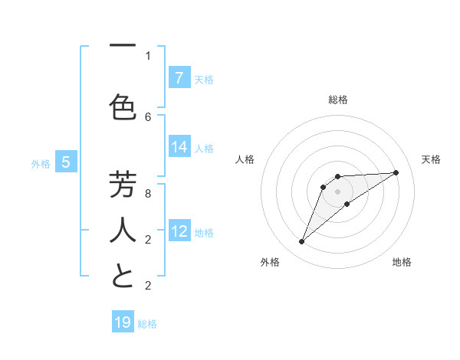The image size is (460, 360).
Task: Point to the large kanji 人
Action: coord(123,231)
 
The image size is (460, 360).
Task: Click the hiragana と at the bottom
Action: coord(123,277)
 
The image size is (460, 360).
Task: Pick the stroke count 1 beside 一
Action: coord(148,55)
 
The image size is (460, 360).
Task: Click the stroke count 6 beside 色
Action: coord(148,116)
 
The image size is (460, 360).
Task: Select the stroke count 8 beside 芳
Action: coord(148,193)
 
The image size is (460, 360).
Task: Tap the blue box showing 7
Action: coord(179,77)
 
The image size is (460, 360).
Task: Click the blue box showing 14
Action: coord(179,148)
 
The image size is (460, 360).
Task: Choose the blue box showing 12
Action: coord(179,231)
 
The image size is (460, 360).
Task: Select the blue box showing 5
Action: coord(66,162)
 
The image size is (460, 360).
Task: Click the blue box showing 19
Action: coord(123,322)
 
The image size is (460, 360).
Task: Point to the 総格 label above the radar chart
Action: coord(338,100)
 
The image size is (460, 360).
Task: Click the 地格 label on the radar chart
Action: coord(402,262)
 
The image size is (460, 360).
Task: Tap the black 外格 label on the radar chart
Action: coord(270,262)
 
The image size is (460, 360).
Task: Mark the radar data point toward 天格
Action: coord(396,172)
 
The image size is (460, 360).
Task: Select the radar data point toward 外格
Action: coord(302,242)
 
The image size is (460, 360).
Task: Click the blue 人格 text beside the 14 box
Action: coord(204,149)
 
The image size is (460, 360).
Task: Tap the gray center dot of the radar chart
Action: coord(338,191)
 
